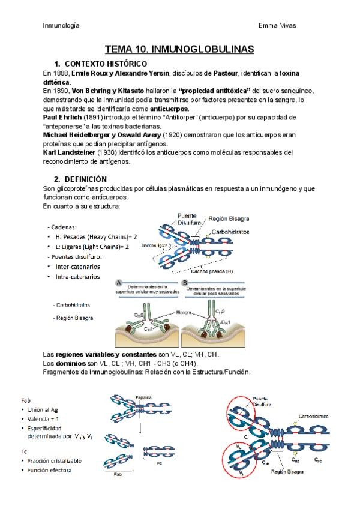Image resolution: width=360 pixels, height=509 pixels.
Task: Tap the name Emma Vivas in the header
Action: pyautogui.click(x=277, y=25)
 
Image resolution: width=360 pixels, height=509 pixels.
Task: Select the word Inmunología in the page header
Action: pyautogui.click(x=61, y=25)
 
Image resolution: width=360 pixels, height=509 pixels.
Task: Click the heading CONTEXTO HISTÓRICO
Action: pyautogui.click(x=105, y=64)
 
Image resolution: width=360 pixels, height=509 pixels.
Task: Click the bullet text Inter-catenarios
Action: pyautogui.click(x=77, y=266)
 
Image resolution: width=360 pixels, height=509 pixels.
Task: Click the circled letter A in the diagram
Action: pyautogui.click(x=120, y=282)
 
